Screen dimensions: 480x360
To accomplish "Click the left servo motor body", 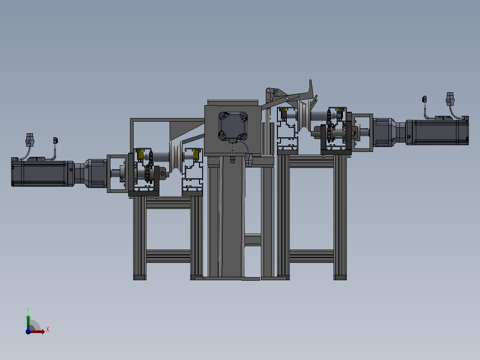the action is pos(42,173).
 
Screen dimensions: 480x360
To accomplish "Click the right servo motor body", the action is pos(437,132).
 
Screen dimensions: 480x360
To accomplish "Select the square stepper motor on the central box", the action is pos(233,126).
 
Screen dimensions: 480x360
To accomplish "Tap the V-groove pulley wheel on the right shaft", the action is pos(303,115).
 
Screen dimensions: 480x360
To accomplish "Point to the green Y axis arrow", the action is pos(28,321).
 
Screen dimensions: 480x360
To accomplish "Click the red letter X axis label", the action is pos(48,330).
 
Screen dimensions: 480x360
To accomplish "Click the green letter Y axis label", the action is pos(28,310).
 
